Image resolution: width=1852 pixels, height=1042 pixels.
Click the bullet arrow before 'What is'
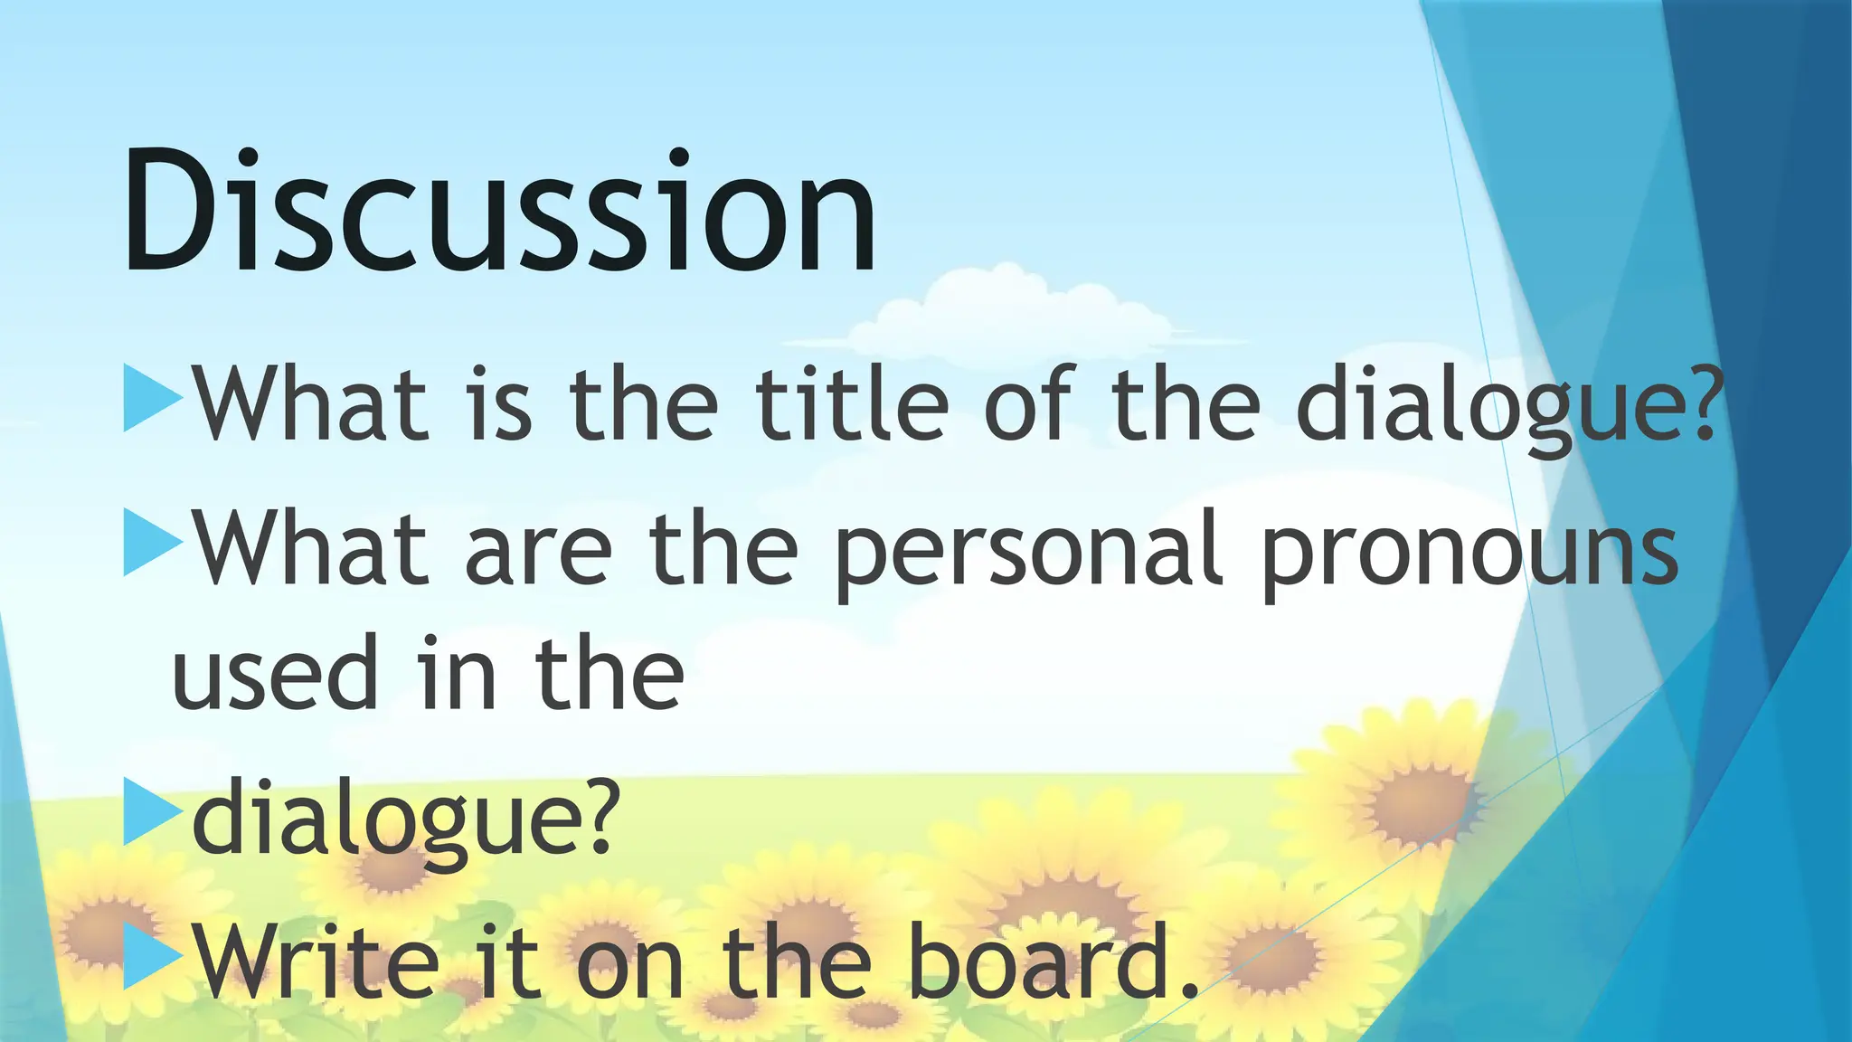(x=150, y=398)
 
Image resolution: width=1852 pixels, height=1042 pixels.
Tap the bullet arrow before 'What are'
(x=150, y=543)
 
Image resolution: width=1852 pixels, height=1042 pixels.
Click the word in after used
(x=457, y=675)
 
